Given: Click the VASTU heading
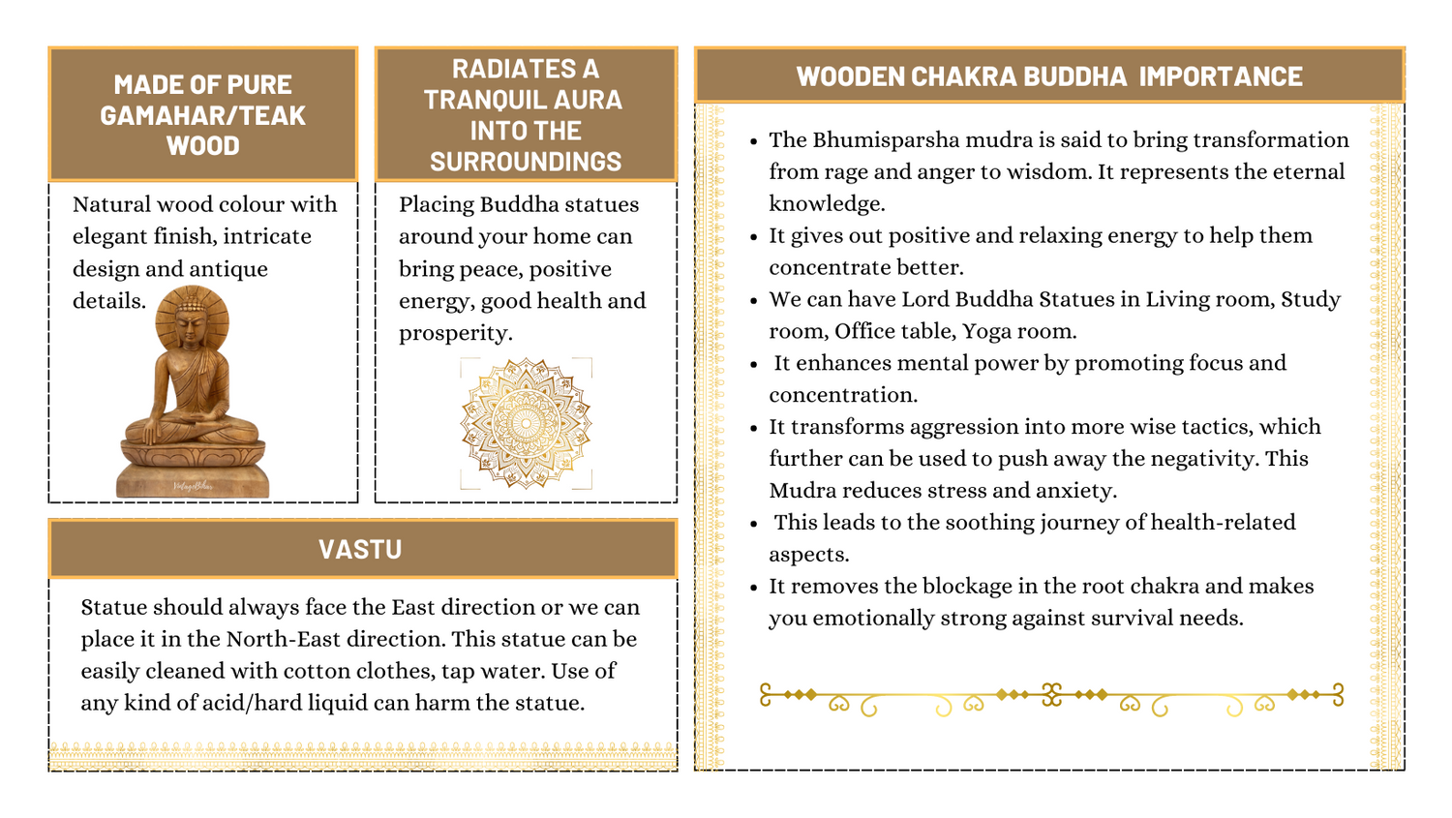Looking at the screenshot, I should (360, 550).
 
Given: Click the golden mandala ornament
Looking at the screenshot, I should (526, 424).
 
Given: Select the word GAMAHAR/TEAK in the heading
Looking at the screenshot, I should (202, 115).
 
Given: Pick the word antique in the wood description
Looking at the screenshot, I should (234, 269).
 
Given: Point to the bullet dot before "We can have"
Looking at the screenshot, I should (754, 301).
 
